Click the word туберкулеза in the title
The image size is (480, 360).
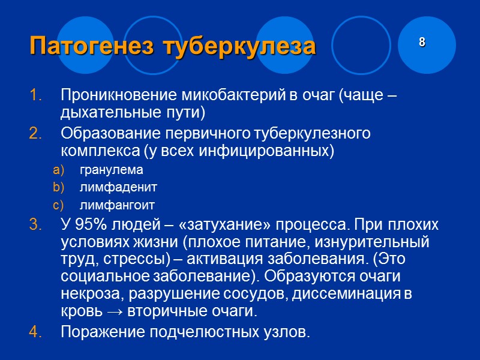(247, 46)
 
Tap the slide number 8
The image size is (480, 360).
(422, 42)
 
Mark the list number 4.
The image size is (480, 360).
(35, 332)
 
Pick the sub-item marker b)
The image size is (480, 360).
(58, 188)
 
